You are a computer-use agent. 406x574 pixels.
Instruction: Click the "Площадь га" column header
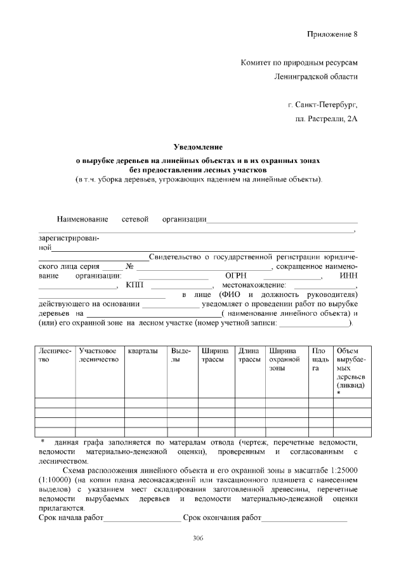(x=317, y=358)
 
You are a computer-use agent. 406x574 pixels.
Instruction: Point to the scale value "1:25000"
(x=341, y=470)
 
